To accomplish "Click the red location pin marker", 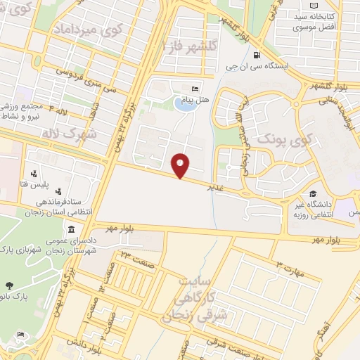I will coord(181,165).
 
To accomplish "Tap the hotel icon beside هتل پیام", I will coord(195,89).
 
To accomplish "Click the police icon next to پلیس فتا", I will coord(34,173).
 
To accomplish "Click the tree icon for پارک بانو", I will coord(9,285).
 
